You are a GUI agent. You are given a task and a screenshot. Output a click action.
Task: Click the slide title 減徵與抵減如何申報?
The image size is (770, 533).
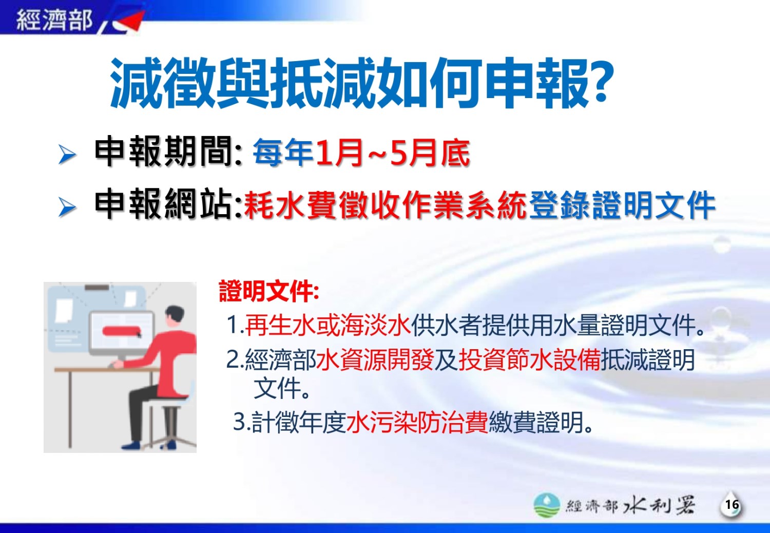click(x=361, y=83)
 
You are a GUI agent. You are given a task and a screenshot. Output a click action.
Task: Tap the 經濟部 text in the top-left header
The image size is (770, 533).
click(x=54, y=20)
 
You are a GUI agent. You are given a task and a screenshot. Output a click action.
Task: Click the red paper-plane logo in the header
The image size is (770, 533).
click(x=128, y=22)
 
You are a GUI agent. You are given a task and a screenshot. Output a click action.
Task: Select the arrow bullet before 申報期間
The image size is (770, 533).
click(x=67, y=154)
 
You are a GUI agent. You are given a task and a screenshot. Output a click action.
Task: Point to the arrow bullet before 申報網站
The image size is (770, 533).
click(x=67, y=207)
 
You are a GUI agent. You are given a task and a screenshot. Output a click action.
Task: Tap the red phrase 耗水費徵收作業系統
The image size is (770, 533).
click(x=385, y=205)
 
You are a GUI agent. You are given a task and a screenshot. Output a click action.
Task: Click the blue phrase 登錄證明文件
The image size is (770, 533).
click(x=622, y=205)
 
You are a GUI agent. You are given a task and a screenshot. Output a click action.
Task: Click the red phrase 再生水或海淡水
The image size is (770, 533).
click(x=328, y=325)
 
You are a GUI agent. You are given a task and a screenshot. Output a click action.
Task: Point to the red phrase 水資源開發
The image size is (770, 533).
click(x=375, y=359)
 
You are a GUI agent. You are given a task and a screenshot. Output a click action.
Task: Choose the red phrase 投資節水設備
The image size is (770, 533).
click(x=529, y=359)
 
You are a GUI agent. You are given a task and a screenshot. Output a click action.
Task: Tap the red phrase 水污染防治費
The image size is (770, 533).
click(x=417, y=422)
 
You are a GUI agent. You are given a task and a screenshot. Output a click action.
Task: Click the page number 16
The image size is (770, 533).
click(x=732, y=505)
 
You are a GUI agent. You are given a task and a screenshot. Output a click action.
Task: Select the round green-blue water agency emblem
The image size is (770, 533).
click(x=547, y=505)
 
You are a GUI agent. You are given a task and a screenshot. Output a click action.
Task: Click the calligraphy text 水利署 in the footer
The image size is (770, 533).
click(x=659, y=505)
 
